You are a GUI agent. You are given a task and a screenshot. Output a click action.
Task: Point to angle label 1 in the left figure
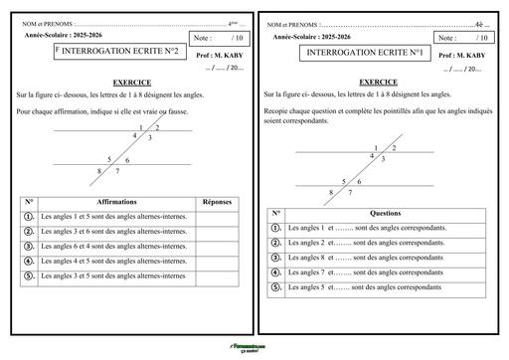pos(142,128)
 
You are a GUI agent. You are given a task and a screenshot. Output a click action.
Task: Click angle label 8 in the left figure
pos(100,171)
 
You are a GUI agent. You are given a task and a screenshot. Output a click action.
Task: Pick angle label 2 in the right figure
pos(394,148)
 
